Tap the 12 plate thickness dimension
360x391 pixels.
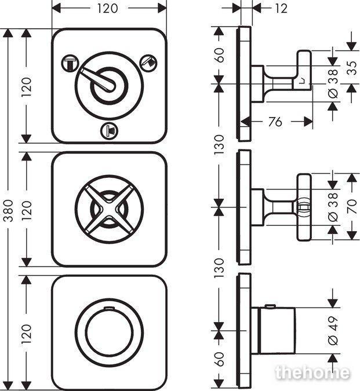[281, 9]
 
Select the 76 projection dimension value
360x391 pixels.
[275, 122]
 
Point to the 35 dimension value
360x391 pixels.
[352, 68]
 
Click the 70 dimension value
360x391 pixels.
[352, 206]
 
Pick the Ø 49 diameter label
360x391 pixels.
[333, 330]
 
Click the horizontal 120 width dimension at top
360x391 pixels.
[107, 9]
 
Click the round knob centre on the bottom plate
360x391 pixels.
[109, 332]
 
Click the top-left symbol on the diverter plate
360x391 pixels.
[70, 63]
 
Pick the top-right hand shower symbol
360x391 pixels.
[148, 62]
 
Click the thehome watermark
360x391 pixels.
[312, 372]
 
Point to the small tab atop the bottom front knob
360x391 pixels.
[109, 309]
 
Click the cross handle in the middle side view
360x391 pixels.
[304, 207]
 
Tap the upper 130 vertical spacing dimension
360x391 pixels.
[219, 144]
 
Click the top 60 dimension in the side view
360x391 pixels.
[219, 55]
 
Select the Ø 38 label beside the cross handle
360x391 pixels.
[333, 207]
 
